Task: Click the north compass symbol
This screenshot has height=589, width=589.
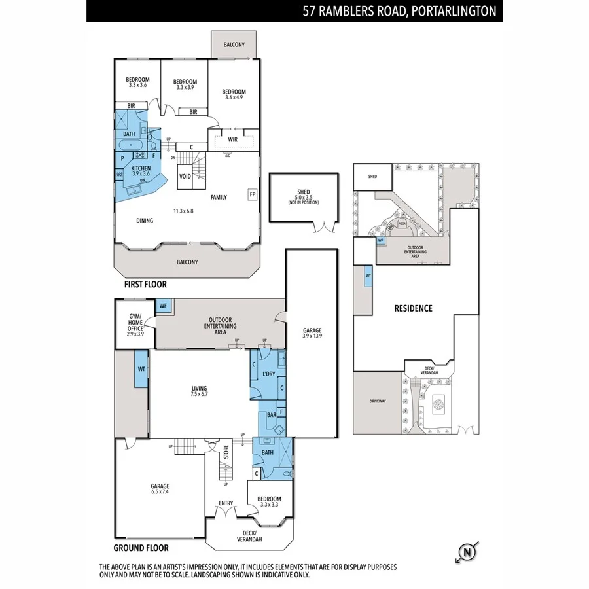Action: [x=467, y=552]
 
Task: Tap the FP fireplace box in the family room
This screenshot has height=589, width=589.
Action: [x=252, y=194]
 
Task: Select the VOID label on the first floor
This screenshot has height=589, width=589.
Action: [x=185, y=177]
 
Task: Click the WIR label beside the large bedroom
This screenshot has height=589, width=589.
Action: [x=232, y=139]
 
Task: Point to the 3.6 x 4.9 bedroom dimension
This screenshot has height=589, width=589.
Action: [x=234, y=98]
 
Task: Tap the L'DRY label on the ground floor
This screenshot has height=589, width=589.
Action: [x=267, y=374]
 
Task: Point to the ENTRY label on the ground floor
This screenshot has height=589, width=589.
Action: [x=226, y=503]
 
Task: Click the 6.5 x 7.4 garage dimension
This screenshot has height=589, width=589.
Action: [x=160, y=492]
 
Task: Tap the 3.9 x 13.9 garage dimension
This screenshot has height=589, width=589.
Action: [x=312, y=336]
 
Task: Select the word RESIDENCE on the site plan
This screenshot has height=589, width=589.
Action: [x=412, y=308]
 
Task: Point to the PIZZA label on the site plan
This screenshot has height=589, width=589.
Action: [x=402, y=224]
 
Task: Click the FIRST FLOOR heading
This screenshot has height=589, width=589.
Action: [x=145, y=285]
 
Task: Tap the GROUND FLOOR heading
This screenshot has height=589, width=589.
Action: [x=141, y=548]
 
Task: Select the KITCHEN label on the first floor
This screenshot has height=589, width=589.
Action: [x=141, y=168]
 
